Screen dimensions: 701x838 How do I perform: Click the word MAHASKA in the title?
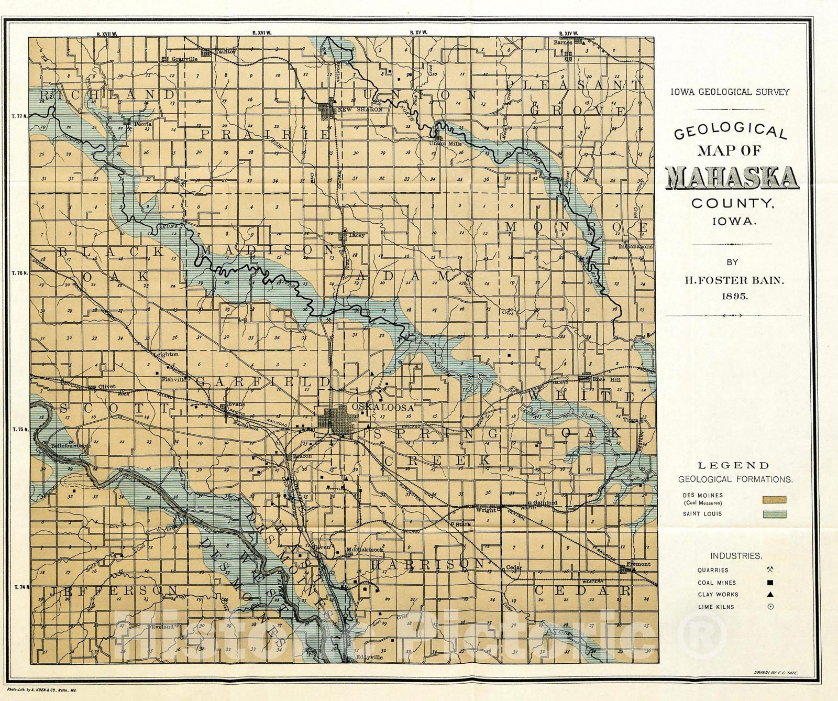tap(732, 178)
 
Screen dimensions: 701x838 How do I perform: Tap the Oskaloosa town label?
tap(383, 407)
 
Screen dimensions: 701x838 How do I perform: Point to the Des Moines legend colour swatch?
tap(775, 500)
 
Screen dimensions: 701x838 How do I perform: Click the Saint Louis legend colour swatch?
tap(775, 514)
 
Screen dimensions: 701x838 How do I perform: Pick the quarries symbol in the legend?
tap(770, 569)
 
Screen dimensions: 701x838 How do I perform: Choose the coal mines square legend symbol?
tap(770, 583)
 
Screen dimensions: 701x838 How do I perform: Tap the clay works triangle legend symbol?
tap(770, 594)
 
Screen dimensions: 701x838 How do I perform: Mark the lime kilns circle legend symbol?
tap(770, 607)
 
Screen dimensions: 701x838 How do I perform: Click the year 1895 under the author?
tap(734, 295)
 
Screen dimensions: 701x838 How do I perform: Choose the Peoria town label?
tap(143, 124)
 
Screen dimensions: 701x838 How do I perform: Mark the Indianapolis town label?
tap(635, 246)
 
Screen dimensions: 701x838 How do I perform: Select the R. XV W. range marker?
tap(418, 32)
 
